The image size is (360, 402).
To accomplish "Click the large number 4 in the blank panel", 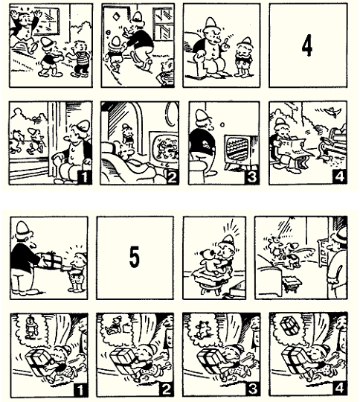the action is pyautogui.click(x=306, y=46).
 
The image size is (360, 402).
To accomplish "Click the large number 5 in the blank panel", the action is pyautogui.click(x=135, y=257).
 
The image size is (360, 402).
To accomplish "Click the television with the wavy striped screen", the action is pyautogui.click(x=241, y=150).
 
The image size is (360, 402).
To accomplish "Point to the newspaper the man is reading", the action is pyautogui.click(x=292, y=147).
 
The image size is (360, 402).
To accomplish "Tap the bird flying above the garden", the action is pyautogui.click(x=332, y=111).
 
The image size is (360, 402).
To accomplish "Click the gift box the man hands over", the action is pyautogui.click(x=51, y=261).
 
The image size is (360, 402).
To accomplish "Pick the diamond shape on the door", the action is pyautogui.click(x=115, y=16).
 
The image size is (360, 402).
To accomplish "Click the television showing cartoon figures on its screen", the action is pyautogui.click(x=164, y=149).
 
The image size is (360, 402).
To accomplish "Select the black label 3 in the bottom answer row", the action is pyautogui.click(x=253, y=389).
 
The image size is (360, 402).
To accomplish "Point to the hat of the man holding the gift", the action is pyautogui.click(x=22, y=230).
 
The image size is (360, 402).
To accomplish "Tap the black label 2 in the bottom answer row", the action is pyautogui.click(x=167, y=389).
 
